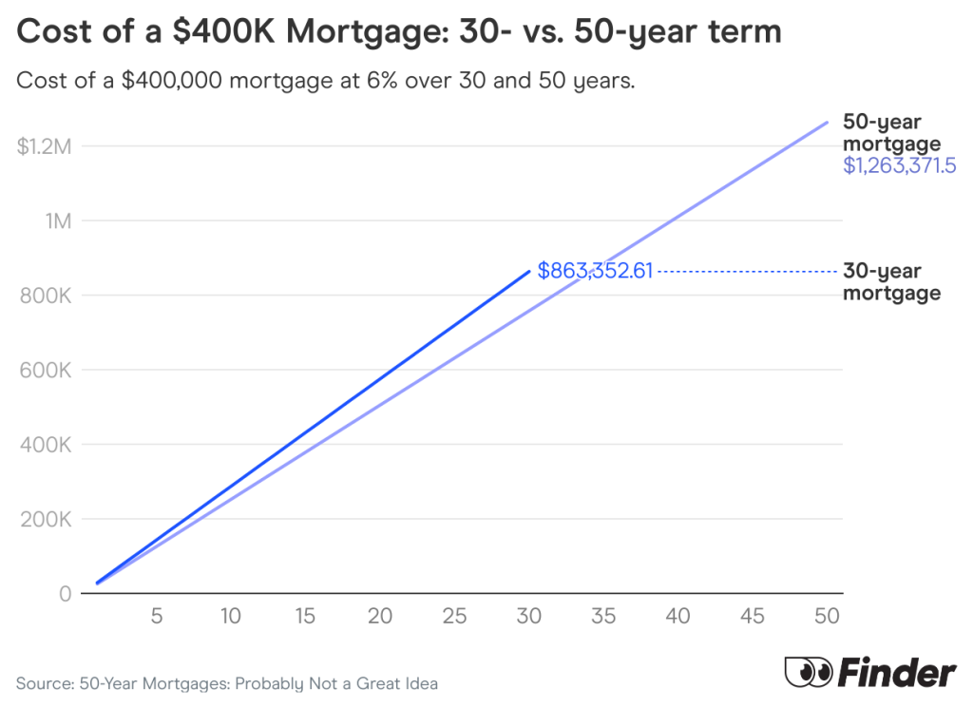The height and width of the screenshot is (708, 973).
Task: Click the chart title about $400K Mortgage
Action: [x=399, y=32]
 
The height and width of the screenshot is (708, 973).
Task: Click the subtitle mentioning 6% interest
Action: [x=325, y=81]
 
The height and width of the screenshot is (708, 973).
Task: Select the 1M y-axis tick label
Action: [x=56, y=221]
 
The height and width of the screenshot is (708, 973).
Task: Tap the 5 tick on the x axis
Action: [x=157, y=616]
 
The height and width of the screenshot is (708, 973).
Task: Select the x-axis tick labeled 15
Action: [x=305, y=616]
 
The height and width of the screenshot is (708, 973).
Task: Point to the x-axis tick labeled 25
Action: [x=454, y=616]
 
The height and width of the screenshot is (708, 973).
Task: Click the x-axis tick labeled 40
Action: [x=677, y=616]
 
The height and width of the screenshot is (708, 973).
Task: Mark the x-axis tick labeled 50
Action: [x=827, y=616]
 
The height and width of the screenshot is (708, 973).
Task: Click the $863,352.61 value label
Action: [x=595, y=271]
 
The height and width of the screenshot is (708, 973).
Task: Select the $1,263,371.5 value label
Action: [x=899, y=166]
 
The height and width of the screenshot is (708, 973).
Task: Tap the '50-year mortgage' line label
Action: [x=891, y=133]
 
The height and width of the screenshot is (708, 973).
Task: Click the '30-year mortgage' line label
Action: [x=891, y=282]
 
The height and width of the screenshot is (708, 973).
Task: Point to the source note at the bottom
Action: [x=227, y=683]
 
